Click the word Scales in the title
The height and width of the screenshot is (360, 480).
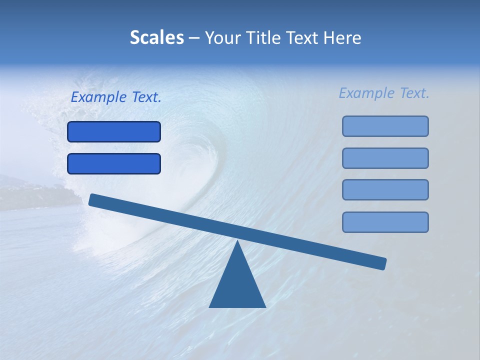[156, 38]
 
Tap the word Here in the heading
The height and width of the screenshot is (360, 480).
[342, 38]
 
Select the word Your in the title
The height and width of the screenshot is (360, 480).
[223, 38]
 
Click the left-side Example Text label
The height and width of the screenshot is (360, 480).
[116, 97]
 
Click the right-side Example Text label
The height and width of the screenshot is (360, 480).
[384, 93]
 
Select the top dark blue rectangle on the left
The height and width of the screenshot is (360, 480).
[114, 132]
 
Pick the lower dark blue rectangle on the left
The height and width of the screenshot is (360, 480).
[114, 164]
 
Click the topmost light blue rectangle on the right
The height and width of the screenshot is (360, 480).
[385, 126]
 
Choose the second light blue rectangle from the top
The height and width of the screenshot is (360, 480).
[385, 158]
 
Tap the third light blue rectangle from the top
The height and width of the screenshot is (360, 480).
[385, 190]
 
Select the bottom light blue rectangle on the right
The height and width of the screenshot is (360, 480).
[385, 222]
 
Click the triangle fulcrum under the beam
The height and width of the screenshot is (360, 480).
[237, 285]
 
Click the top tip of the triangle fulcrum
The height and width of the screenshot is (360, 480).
[237, 242]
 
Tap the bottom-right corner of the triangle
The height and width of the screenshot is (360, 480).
[264, 306]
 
